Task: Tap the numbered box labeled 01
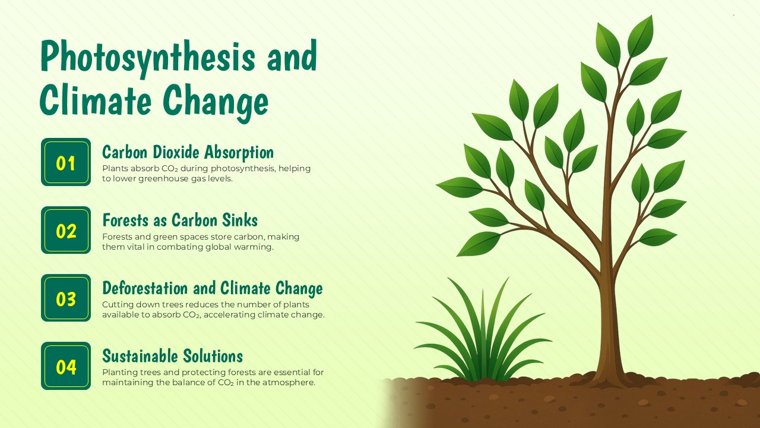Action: point(66,162)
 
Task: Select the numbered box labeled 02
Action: point(66,230)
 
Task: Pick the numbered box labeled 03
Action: point(66,298)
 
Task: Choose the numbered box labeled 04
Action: point(66,366)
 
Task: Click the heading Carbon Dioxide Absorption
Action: point(188,152)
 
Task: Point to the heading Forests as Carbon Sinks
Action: point(180,220)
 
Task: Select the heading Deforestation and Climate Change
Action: point(212,288)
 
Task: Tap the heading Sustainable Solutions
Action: point(172,356)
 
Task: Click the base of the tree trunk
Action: point(609,372)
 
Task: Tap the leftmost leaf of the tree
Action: point(459,187)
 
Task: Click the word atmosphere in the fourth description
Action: point(289,383)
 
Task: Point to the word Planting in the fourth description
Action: point(121,373)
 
